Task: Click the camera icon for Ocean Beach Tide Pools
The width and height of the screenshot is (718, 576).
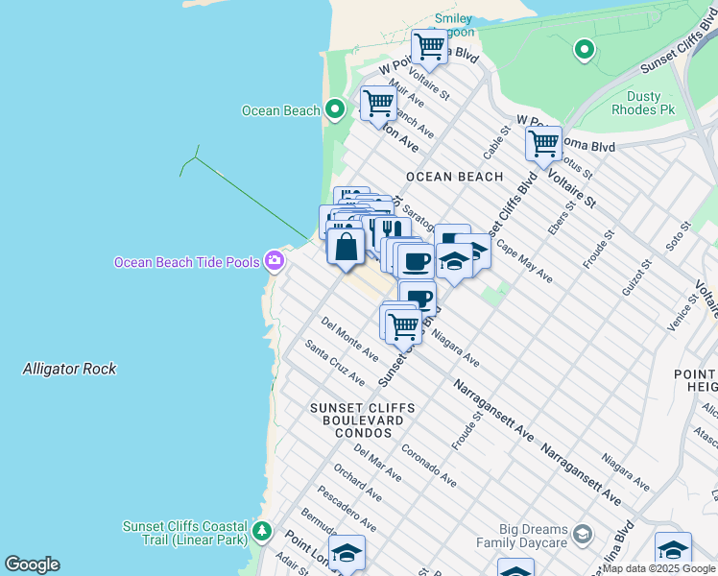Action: [275, 260]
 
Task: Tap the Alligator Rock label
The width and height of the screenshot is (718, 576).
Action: [69, 369]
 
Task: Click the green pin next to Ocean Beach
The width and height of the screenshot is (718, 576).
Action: [335, 109]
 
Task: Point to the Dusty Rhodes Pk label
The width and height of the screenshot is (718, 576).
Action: [643, 103]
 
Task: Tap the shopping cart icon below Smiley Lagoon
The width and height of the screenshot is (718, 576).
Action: [429, 46]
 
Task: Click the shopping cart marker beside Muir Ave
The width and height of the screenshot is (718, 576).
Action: [379, 103]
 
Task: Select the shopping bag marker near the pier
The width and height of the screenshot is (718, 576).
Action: [346, 247]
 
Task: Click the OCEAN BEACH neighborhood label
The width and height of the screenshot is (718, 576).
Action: [454, 177]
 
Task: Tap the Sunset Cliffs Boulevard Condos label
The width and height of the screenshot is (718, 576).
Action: [362, 420]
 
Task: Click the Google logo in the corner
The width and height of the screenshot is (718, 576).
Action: [32, 564]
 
